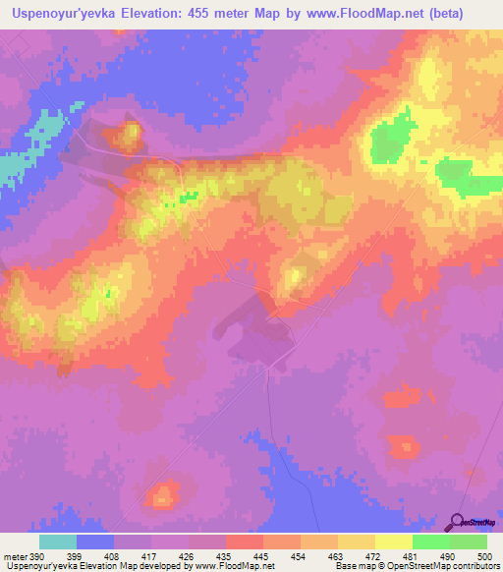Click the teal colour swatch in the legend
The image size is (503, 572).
pos(58,542)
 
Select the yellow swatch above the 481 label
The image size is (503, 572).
pos(393,542)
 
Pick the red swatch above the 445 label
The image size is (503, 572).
pos(244,542)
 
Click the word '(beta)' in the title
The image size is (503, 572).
pos(466,13)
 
